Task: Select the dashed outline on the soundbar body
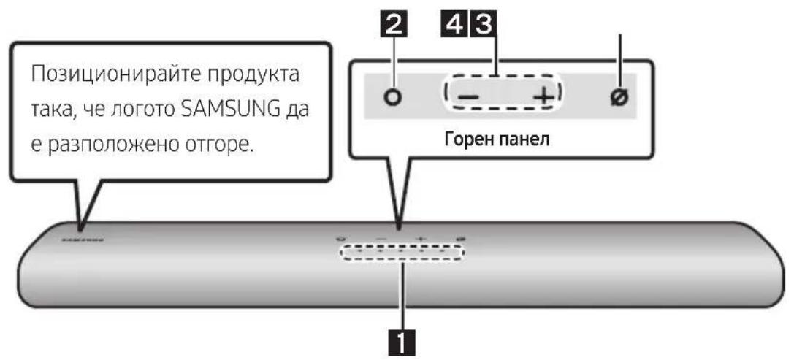click(x=400, y=253)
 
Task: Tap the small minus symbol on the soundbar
click(x=380, y=239)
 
